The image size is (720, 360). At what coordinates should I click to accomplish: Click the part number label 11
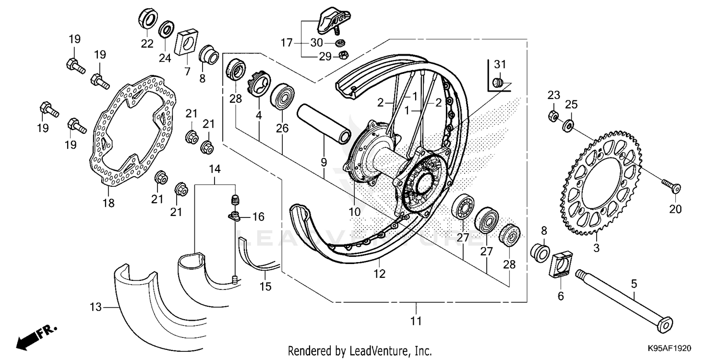416,321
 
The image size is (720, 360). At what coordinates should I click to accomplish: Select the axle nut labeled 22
147,19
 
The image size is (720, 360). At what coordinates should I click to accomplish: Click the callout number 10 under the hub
354,212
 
